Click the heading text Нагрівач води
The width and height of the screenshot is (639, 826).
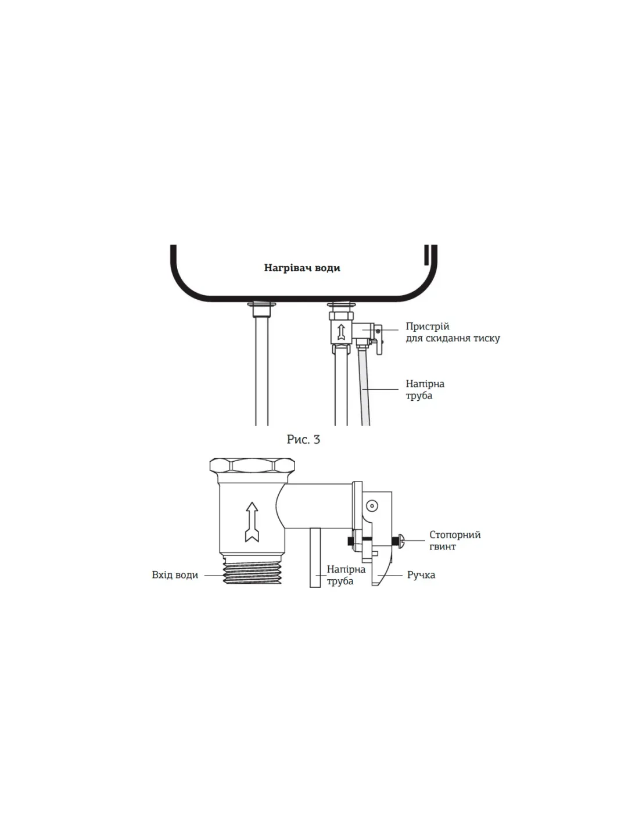[302, 268]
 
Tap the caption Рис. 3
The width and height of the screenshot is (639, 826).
[303, 439]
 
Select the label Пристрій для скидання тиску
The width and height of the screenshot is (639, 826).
[453, 332]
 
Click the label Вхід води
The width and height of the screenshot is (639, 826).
[175, 575]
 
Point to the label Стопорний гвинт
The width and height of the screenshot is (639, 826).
[455, 540]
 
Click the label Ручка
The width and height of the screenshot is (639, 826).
[421, 575]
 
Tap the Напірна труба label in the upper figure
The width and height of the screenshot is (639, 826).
[425, 390]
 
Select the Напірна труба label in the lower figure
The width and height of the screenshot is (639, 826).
[346, 575]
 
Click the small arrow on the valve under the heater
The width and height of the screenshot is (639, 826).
[341, 332]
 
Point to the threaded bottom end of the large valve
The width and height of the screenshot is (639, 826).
[253, 572]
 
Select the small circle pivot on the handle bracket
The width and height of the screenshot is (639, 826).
[372, 506]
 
